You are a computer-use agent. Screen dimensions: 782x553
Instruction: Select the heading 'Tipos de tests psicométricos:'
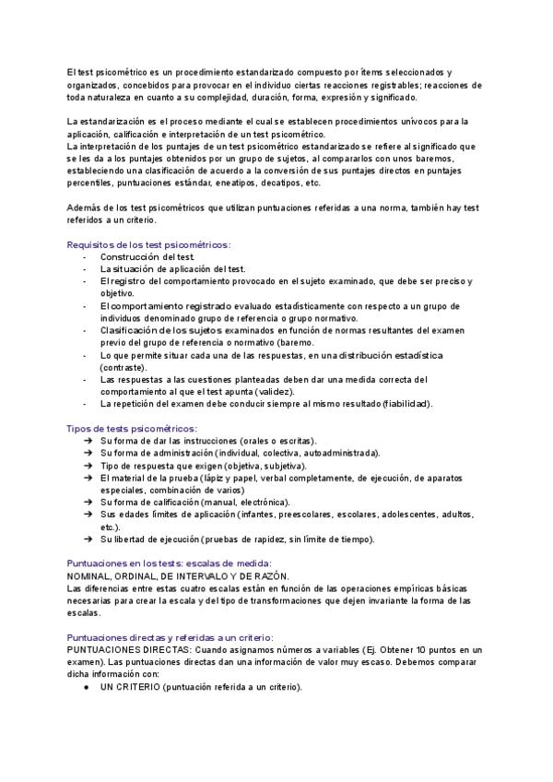click(131, 429)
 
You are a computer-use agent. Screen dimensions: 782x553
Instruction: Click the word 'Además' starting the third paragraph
click(85, 208)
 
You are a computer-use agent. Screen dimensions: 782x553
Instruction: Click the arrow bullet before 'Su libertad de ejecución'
click(86, 539)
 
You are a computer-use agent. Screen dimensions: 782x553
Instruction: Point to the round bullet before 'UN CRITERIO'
click(86, 687)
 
